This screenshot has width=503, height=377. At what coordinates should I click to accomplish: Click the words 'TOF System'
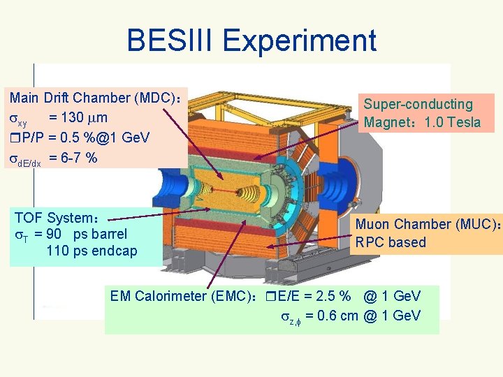(x=56, y=218)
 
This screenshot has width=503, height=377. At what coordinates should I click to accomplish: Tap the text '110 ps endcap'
(x=92, y=251)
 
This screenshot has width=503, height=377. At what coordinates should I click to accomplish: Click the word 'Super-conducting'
(x=418, y=104)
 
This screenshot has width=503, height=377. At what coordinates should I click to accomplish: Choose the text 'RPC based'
(x=390, y=242)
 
